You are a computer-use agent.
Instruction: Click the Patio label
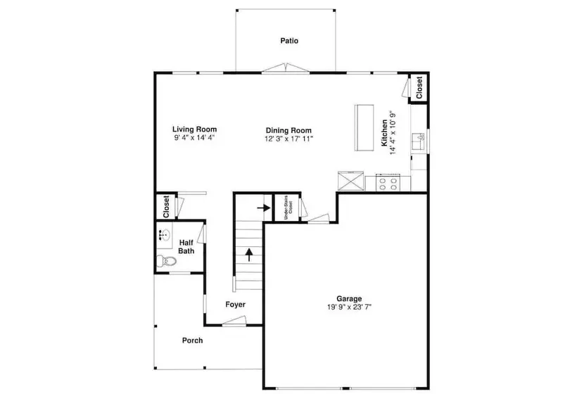click(289, 41)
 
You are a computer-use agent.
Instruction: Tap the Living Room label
click(194, 129)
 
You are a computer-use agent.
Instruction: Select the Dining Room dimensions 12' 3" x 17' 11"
click(289, 139)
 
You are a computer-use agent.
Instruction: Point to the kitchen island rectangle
click(364, 127)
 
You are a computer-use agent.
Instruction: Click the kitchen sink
click(418, 141)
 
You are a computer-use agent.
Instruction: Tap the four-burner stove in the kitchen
click(388, 183)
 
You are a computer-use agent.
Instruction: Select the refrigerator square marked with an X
click(350, 181)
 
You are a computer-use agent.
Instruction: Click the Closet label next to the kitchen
click(419, 87)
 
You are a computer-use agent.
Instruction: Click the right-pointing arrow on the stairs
click(263, 208)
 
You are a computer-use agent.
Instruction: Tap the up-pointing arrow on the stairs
click(250, 255)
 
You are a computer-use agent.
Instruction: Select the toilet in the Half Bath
click(166, 261)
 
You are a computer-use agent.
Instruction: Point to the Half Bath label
click(186, 246)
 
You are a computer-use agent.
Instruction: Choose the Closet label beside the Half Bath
click(166, 206)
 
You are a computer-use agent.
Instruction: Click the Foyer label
click(235, 305)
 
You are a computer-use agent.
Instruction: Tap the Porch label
click(193, 341)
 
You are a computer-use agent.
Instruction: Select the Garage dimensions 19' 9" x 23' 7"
click(349, 307)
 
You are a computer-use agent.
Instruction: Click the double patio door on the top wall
click(286, 68)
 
